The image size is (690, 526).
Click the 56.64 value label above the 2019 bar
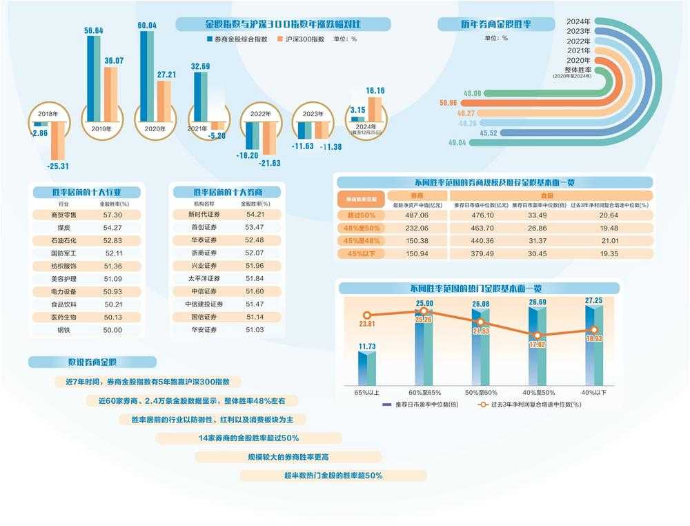click(x=94, y=30)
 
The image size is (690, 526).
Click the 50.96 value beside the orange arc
click(x=448, y=103)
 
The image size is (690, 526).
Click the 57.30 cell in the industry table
click(x=112, y=215)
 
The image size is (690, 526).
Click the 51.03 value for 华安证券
click(x=255, y=330)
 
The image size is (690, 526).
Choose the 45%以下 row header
click(x=361, y=253)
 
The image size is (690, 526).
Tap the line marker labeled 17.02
click(x=536, y=344)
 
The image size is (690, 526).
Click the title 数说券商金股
click(x=92, y=362)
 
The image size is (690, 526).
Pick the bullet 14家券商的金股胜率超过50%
click(x=248, y=438)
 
